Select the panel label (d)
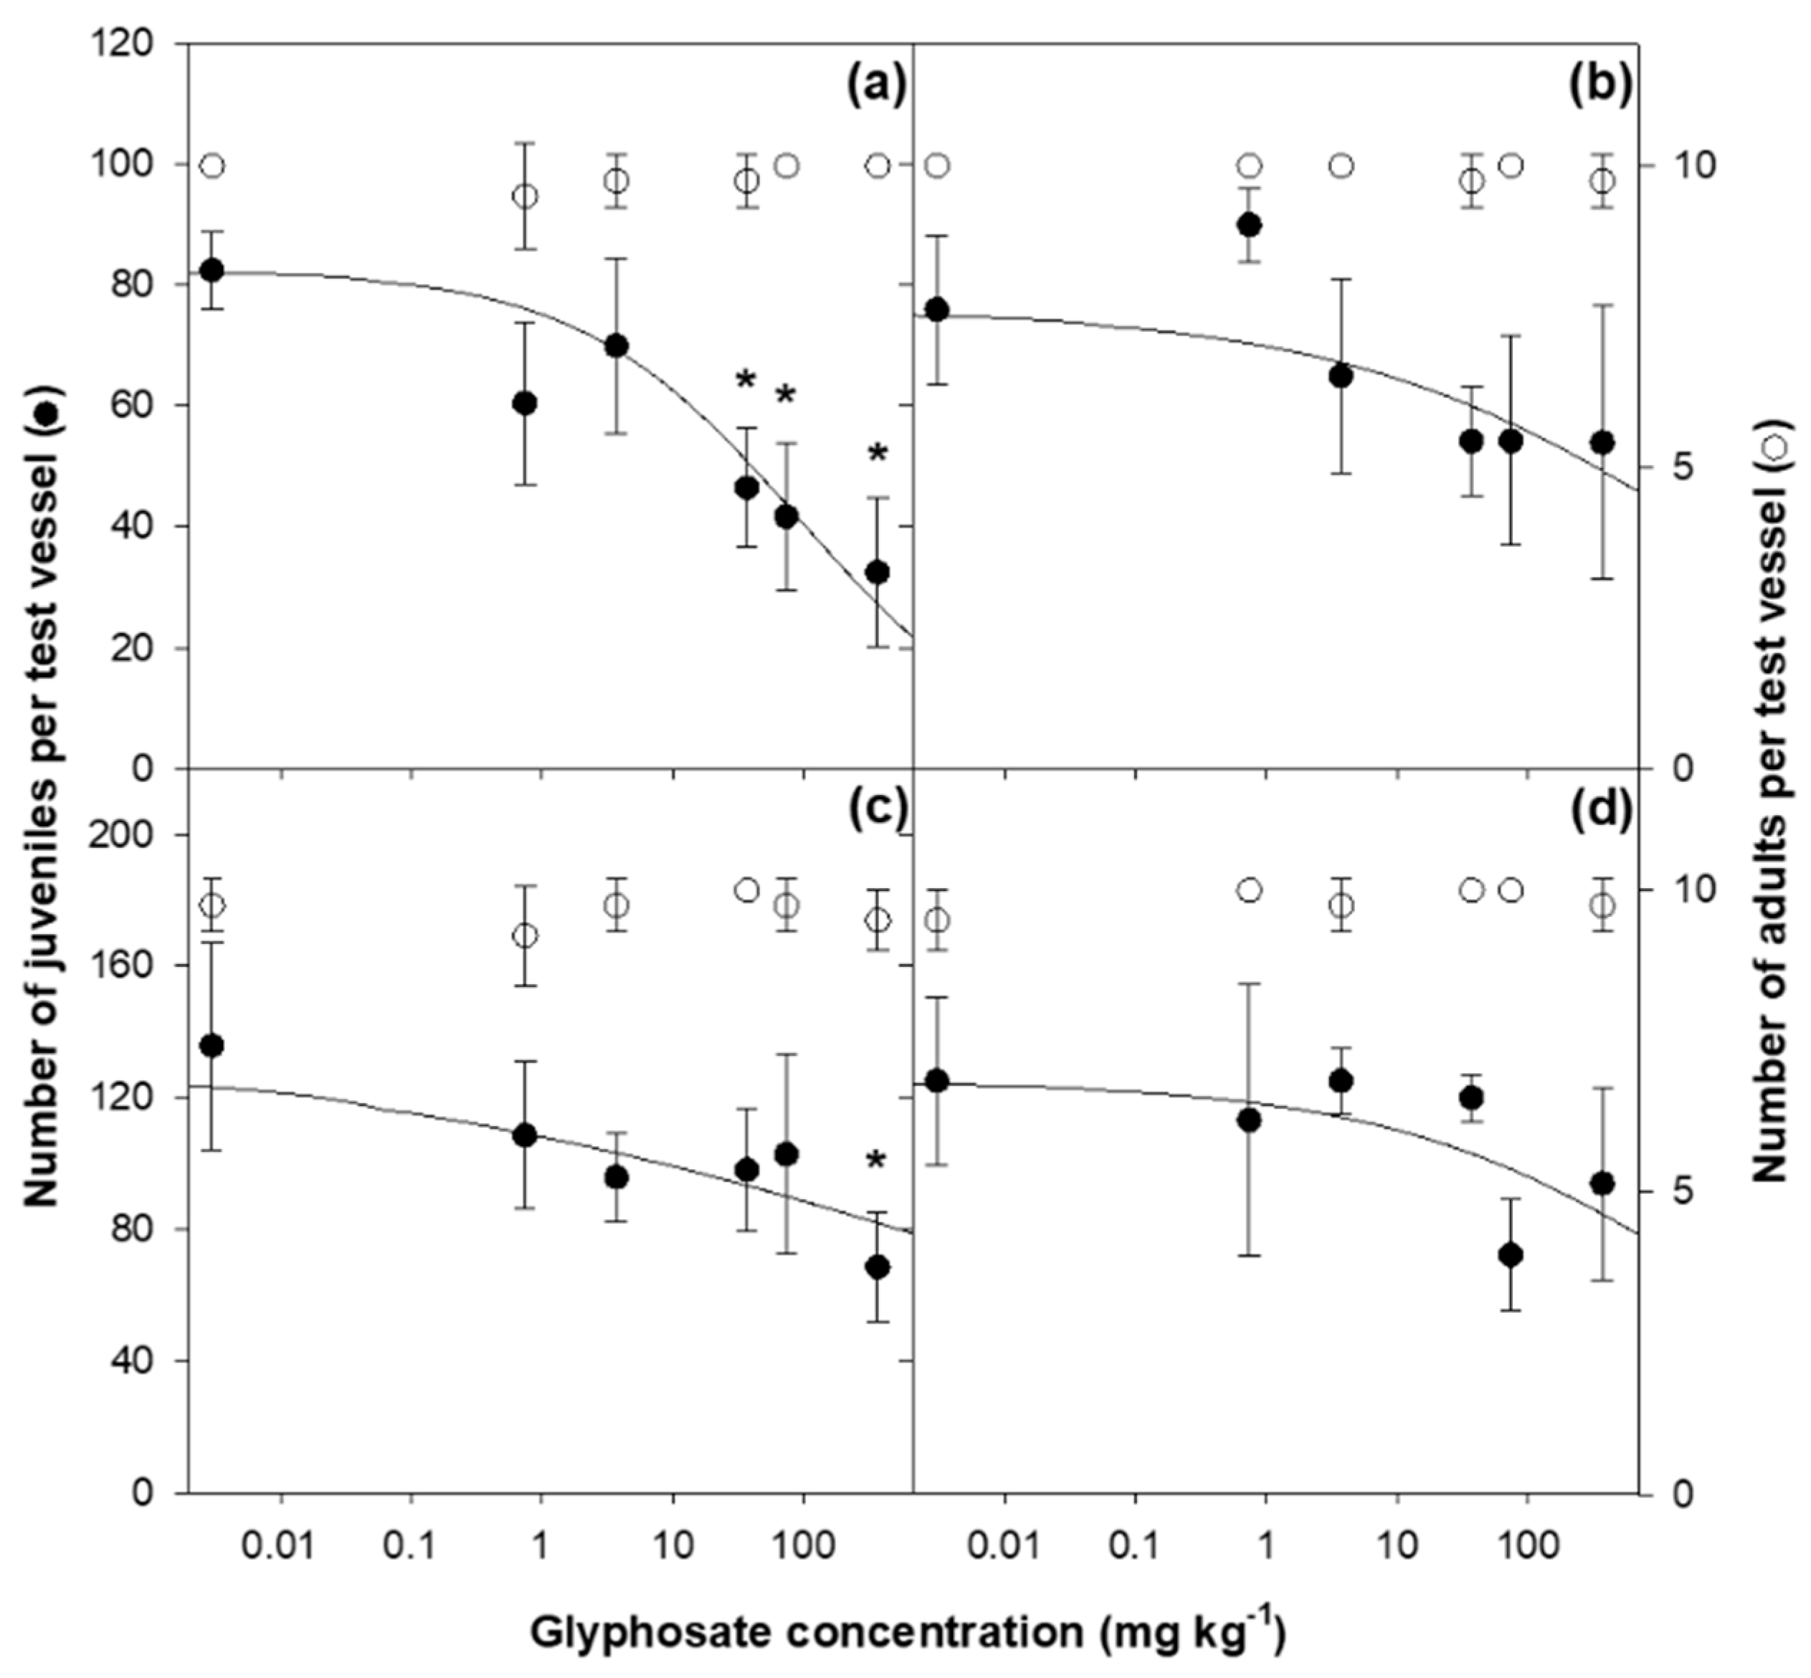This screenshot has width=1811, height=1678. coord(1600,810)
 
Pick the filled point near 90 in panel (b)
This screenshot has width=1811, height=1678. coord(1250,225)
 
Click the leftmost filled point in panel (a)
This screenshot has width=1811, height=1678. coord(212,270)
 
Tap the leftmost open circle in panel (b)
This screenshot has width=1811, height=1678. coord(938,166)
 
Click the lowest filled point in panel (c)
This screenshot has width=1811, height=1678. coord(878,1267)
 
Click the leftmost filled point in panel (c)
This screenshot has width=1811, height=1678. coord(212,1046)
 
